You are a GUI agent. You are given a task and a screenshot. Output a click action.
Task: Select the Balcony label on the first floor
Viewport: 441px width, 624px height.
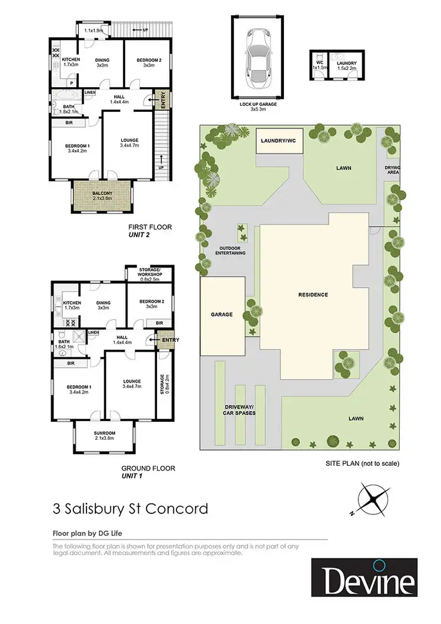(103, 195)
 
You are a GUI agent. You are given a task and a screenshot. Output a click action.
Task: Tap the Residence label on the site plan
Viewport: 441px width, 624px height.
(312, 295)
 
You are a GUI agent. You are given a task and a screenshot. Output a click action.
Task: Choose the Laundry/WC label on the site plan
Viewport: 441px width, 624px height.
(280, 142)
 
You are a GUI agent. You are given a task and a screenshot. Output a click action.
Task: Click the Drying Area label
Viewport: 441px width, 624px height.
(392, 171)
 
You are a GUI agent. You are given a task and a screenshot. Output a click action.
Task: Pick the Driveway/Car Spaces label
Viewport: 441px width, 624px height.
(238, 410)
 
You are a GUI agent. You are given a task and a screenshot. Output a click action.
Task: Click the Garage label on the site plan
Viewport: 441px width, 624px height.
(222, 315)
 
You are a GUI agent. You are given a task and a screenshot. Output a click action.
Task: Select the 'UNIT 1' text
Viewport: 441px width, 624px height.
(135, 476)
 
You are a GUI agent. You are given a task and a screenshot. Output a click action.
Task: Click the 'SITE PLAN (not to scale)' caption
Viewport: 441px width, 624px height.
(362, 463)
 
